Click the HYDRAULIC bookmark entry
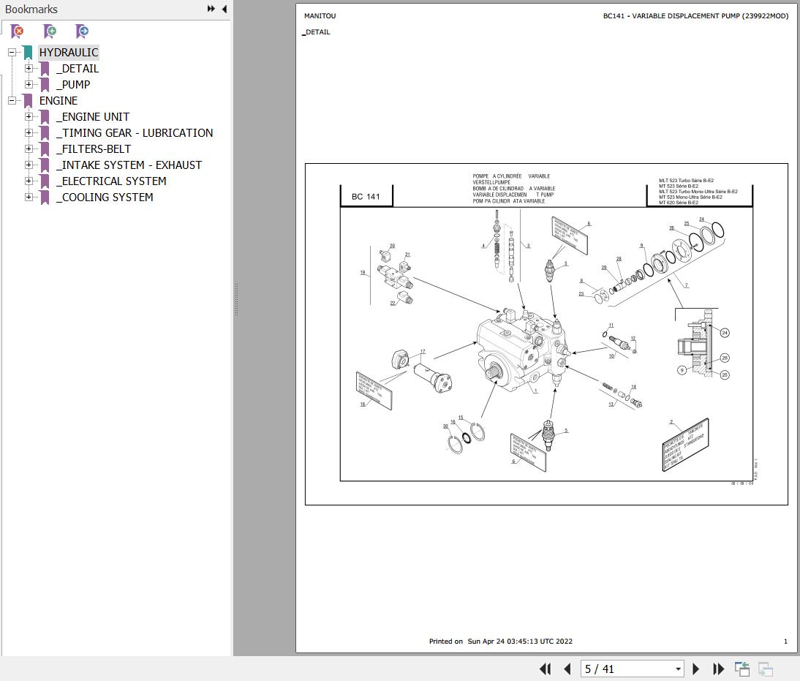(x=68, y=53)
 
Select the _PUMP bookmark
(x=73, y=85)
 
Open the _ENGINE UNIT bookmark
(x=93, y=117)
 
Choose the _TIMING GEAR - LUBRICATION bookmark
(x=135, y=133)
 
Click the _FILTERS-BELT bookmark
(x=94, y=149)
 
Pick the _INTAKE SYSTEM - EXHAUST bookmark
(x=129, y=165)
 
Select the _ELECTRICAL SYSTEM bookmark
(x=111, y=181)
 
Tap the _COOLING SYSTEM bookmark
(x=105, y=197)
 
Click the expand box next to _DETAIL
(x=29, y=69)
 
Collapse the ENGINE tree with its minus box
(x=12, y=101)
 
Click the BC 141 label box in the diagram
(x=366, y=197)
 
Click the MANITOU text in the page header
(x=320, y=16)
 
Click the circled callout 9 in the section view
(x=682, y=370)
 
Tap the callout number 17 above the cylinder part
(x=423, y=352)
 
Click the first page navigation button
(x=545, y=669)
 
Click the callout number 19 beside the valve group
(x=362, y=273)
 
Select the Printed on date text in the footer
(x=501, y=642)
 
